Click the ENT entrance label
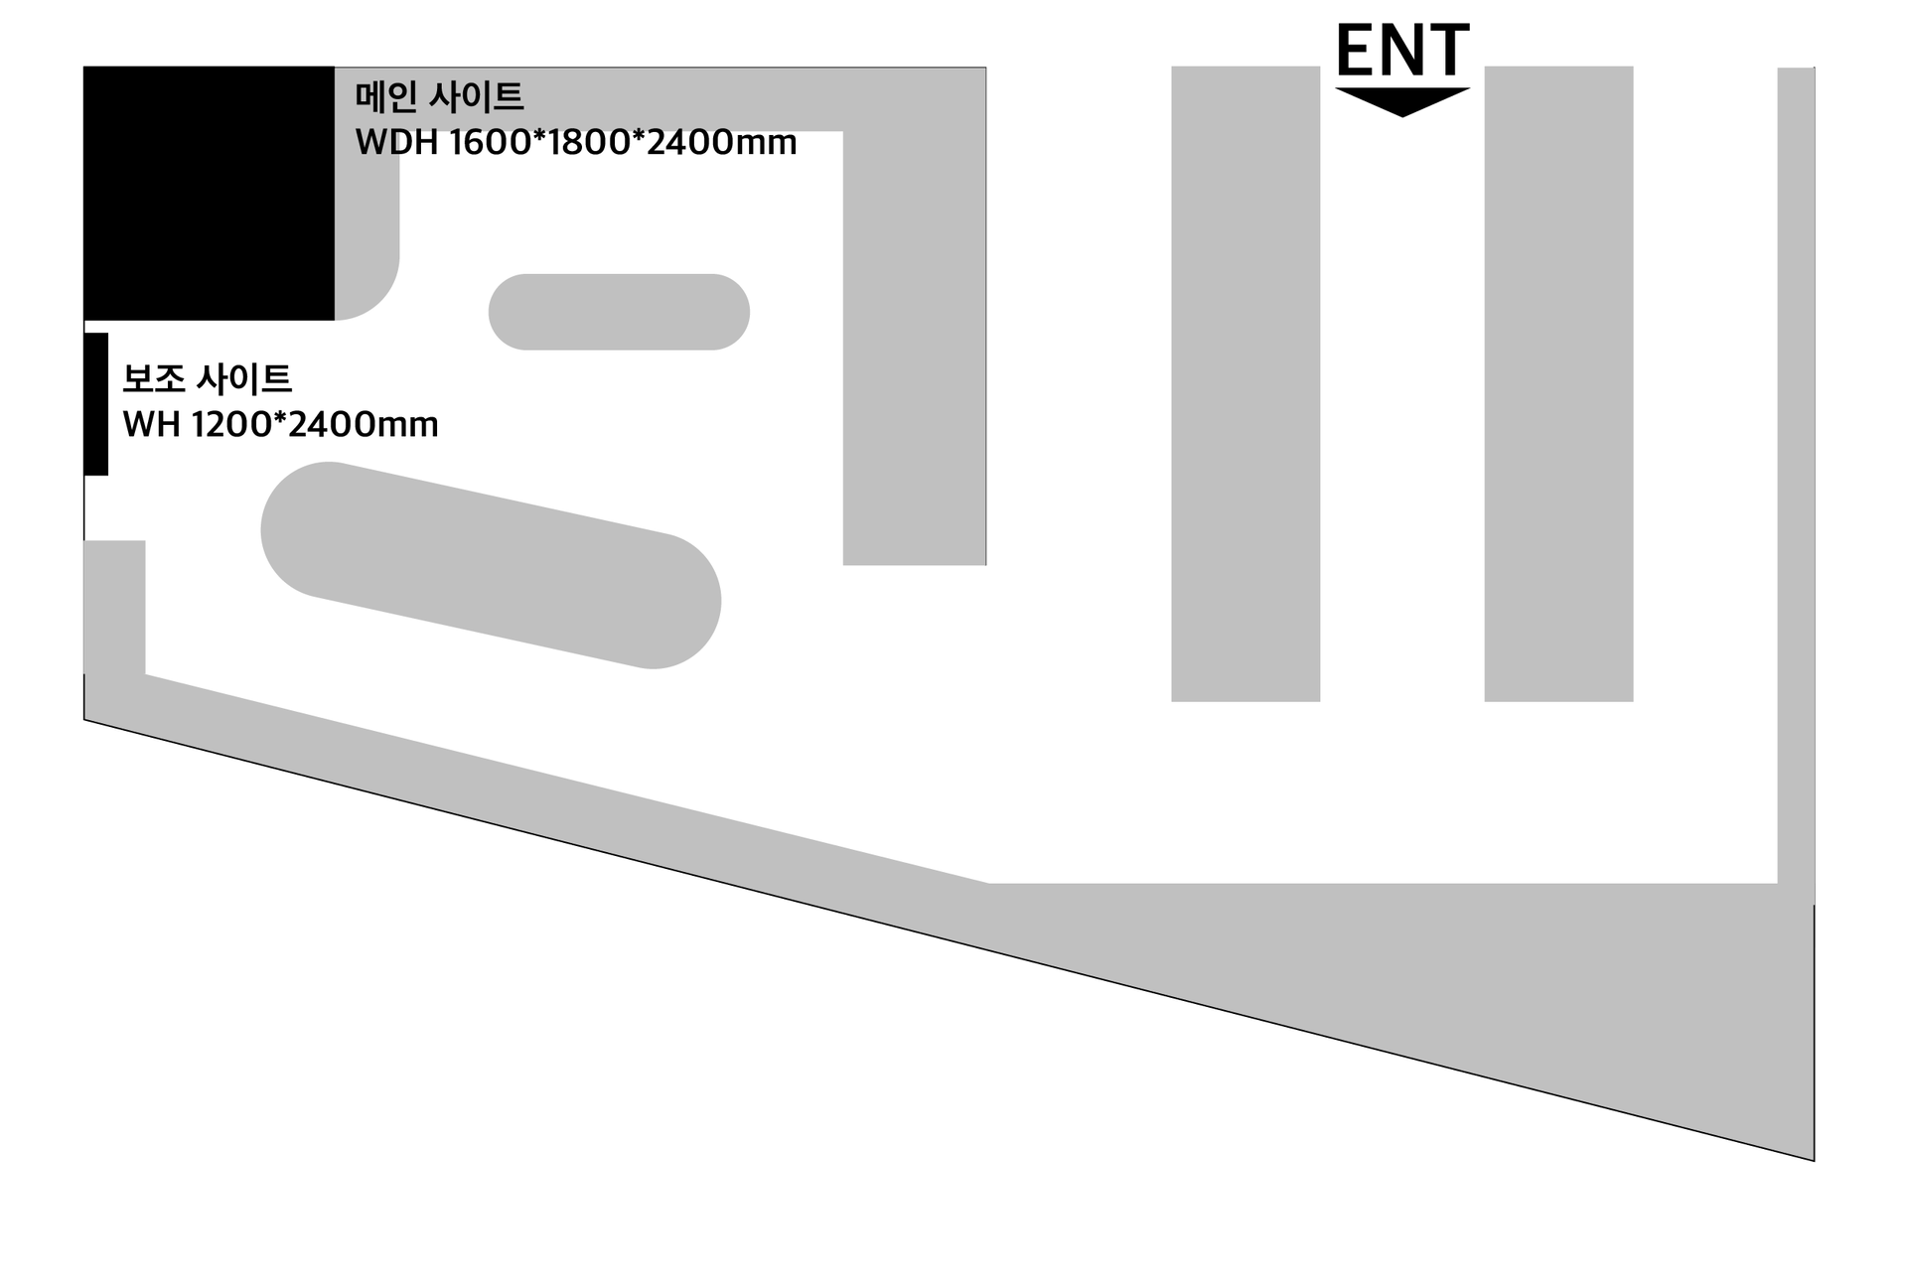click(x=1401, y=51)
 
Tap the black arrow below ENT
click(x=1401, y=100)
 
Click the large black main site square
click(x=209, y=193)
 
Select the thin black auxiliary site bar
click(x=96, y=404)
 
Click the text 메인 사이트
click(x=439, y=97)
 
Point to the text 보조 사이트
click(x=207, y=379)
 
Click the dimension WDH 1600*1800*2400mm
click(x=575, y=143)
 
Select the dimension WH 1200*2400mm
click(x=280, y=425)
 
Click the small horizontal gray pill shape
click(x=619, y=312)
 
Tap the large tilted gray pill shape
click(x=491, y=565)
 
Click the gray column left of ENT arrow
click(x=1246, y=383)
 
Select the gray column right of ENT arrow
click(x=1558, y=383)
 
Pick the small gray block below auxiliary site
click(x=114, y=606)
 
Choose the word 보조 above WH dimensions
click(x=153, y=379)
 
